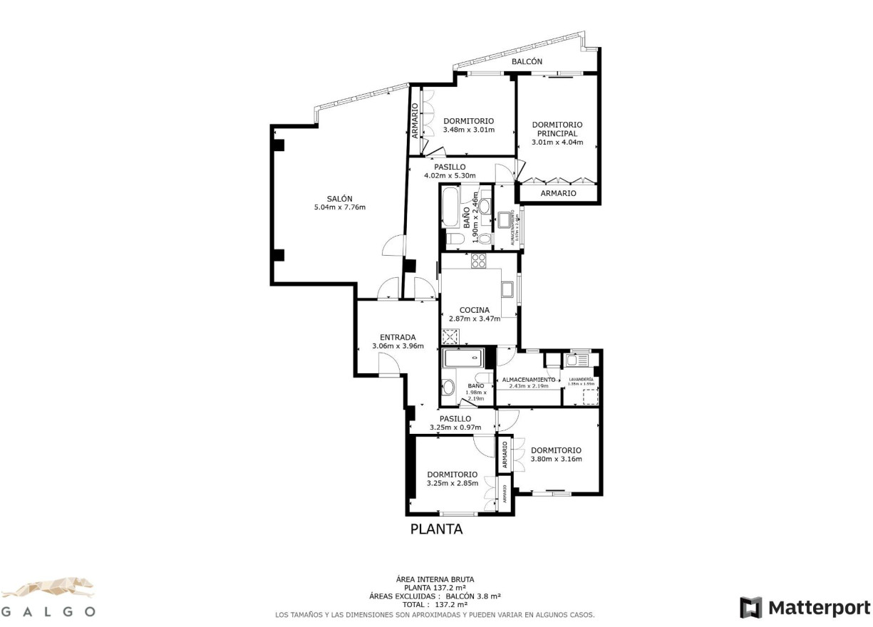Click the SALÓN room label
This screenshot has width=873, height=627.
tap(339, 199)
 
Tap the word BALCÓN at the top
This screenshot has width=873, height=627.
tap(527, 62)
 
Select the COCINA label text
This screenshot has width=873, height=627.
tap(474, 310)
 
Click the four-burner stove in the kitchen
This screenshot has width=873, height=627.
tap(478, 261)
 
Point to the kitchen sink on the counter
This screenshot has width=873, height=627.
tap(507, 289)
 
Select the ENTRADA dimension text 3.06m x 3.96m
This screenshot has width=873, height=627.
tap(398, 346)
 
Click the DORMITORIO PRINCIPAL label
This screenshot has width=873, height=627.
tap(557, 129)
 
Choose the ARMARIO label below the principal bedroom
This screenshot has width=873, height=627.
tap(558, 193)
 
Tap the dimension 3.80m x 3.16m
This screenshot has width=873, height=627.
tap(556, 459)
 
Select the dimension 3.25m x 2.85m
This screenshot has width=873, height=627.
tap(452, 483)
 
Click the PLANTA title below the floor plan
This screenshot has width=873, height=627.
tap(436, 529)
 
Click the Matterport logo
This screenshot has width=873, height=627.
tap(805, 608)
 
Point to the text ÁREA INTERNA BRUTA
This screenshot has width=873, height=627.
tap(435, 579)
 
